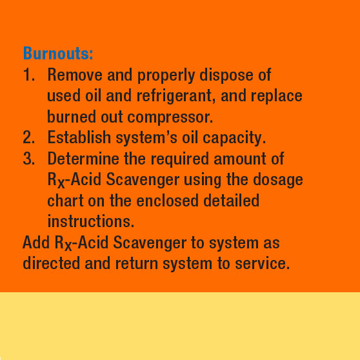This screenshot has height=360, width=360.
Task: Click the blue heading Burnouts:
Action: coord(58,53)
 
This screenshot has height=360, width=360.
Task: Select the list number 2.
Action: coord(28,137)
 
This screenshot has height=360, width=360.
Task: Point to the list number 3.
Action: coord(28,159)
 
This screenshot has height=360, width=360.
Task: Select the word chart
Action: coord(66,200)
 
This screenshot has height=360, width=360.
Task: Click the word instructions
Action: coord(90,221)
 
